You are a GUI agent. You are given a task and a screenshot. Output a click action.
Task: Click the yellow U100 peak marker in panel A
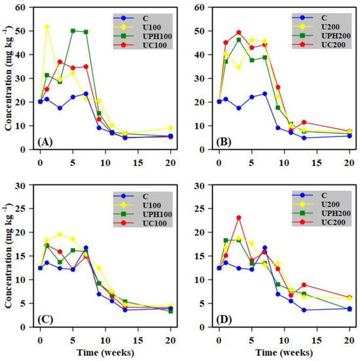(47, 27)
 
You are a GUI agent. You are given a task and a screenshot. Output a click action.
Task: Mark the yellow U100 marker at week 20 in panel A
(170, 128)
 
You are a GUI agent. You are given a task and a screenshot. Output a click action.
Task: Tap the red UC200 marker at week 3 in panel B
(239, 32)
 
